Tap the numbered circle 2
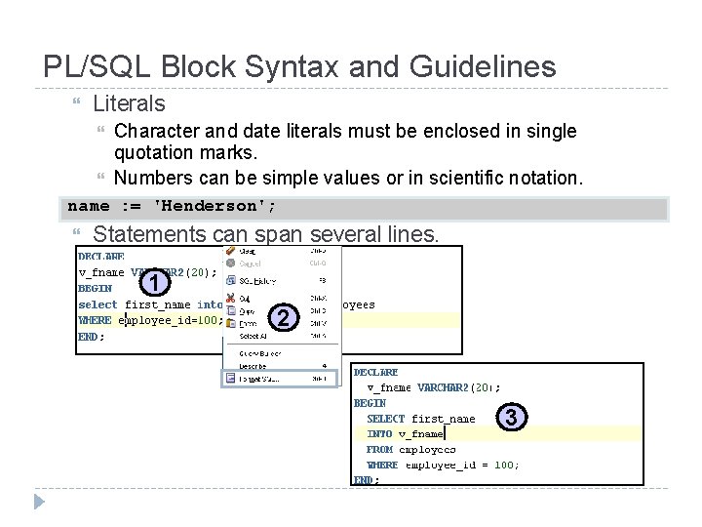282,318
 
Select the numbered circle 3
513,417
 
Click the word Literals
129,102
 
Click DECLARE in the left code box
101,257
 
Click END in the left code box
89,337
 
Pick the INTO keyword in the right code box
379,433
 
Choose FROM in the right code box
379,449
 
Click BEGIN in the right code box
370,402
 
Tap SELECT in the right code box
385,418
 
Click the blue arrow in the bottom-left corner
39,504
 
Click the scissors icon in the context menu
230,298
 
